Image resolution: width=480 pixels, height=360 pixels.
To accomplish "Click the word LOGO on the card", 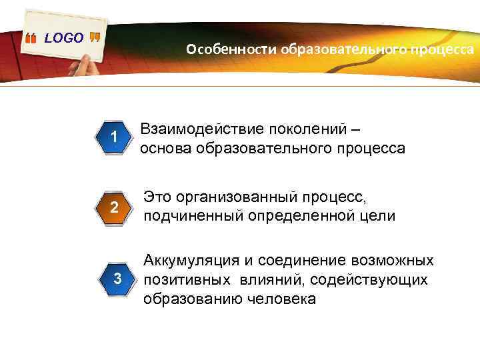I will [x=64, y=38].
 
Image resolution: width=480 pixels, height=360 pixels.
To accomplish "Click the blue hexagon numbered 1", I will [x=115, y=137].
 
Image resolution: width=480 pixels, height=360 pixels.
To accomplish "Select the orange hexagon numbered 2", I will [x=115, y=208].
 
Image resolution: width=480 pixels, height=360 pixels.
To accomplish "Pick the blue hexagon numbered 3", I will [x=115, y=278].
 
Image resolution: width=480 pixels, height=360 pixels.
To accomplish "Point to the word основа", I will [x=165, y=148].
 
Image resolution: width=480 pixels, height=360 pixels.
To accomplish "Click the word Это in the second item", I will [x=159, y=197].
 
